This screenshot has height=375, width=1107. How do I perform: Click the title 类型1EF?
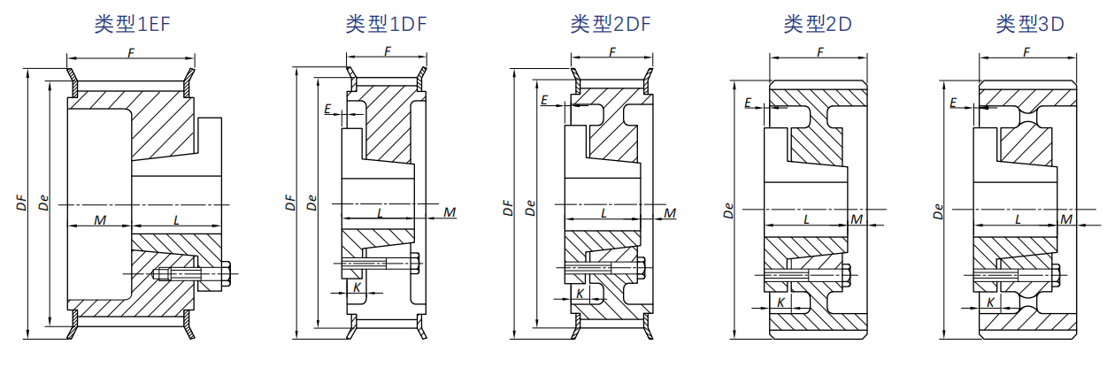click(132, 24)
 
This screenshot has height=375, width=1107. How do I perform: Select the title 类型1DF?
click(386, 24)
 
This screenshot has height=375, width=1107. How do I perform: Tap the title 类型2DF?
click(611, 24)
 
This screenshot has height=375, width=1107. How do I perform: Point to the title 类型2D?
click(818, 24)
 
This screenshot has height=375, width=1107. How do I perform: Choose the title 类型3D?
click(1029, 24)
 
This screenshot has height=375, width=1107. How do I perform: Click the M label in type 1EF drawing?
click(100, 219)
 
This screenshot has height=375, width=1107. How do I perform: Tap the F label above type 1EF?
click(131, 53)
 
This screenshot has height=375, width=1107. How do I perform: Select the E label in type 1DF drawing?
click(328, 110)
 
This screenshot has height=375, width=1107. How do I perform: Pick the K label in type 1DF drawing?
click(357, 287)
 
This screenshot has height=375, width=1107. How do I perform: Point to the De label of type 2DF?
click(530, 208)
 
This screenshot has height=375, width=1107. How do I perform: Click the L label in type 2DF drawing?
click(604, 213)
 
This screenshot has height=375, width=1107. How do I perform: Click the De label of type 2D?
click(728, 210)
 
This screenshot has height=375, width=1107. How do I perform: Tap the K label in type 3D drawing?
click(991, 302)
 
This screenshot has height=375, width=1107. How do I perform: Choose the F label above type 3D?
click(1026, 52)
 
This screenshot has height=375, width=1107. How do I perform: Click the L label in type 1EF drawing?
click(177, 219)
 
